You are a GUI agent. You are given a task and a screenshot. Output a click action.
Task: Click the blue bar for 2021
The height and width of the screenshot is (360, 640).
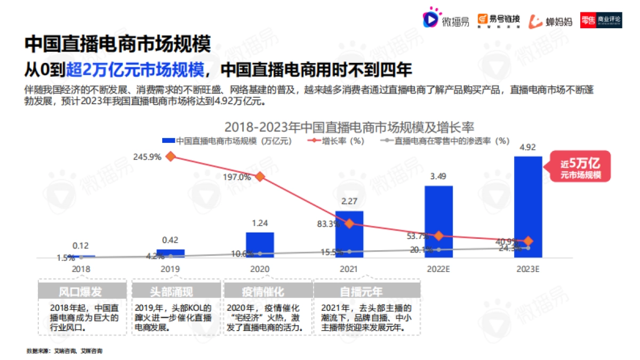(x=349, y=235)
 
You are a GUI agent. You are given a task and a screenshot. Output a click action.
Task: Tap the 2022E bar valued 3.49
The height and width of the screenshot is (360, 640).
(x=438, y=221)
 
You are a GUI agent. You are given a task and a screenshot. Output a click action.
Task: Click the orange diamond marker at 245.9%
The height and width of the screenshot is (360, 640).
(x=171, y=156)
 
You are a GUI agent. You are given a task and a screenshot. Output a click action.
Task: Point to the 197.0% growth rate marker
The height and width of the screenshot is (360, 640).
(x=260, y=177)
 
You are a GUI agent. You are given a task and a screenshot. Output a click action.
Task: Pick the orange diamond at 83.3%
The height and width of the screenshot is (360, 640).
(x=349, y=223)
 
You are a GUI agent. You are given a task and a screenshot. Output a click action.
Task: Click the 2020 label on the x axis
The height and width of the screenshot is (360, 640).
(x=260, y=269)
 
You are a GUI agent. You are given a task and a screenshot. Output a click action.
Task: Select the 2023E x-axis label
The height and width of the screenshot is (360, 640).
(x=527, y=269)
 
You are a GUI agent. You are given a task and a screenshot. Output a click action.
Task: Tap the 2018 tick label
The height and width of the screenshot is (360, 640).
(x=81, y=269)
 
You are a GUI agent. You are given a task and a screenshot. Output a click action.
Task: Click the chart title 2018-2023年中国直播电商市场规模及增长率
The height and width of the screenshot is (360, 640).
(x=349, y=127)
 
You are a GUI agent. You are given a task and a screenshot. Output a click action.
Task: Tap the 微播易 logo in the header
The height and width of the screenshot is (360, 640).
(x=446, y=20)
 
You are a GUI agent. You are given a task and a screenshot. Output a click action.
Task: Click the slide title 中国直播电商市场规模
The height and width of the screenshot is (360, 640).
(x=117, y=44)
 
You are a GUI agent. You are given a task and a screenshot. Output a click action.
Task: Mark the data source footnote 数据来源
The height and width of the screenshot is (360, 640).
(x=64, y=351)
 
